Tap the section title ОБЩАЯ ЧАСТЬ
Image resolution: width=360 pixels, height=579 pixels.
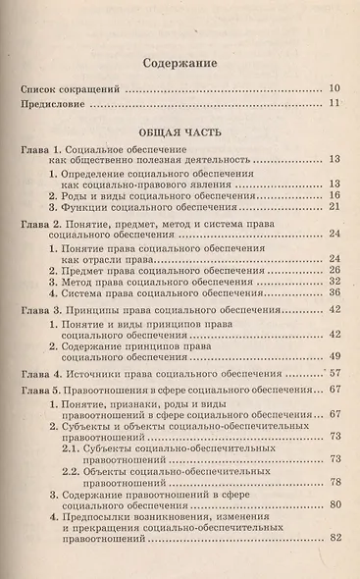point(180,129)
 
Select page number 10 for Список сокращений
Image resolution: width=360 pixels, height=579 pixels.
point(334,87)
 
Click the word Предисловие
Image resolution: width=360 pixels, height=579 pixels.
point(54,103)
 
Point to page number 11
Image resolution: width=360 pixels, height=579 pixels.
point(334,103)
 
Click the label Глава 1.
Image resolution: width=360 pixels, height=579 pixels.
point(41,145)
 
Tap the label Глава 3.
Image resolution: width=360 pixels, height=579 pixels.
point(41,309)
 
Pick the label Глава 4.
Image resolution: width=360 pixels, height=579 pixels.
point(41,372)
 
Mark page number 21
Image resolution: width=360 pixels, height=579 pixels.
point(334,207)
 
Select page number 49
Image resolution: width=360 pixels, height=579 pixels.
point(334,354)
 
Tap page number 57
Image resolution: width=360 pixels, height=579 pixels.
point(334,373)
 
